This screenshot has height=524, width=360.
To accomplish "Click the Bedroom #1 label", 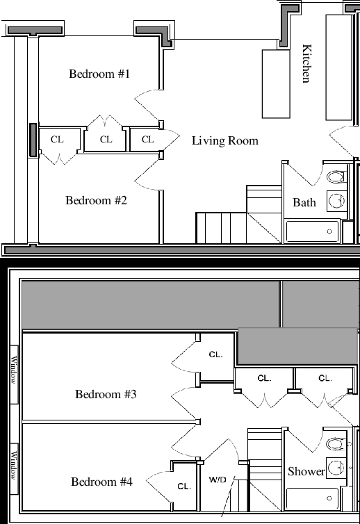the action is [x=99, y=74].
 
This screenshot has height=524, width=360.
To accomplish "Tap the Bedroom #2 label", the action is [x=97, y=201].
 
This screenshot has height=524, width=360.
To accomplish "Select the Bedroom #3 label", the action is [x=106, y=394].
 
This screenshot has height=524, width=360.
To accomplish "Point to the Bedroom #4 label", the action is [x=101, y=482].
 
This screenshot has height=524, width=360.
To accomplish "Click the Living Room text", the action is [x=225, y=140].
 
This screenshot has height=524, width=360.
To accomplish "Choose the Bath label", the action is [x=304, y=202].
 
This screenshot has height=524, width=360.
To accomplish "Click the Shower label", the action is [x=306, y=472].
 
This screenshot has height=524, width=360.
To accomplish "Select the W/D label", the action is [x=218, y=480].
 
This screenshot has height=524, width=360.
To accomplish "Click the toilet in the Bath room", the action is [x=336, y=177].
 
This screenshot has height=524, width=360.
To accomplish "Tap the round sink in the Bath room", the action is [x=336, y=201].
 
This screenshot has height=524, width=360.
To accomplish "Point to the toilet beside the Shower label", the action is [x=336, y=444].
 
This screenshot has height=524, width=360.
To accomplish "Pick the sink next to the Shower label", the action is [x=336, y=468].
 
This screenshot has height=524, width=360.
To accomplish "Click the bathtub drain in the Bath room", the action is [x=329, y=231].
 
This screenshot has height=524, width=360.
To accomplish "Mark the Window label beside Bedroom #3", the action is [x=13, y=370].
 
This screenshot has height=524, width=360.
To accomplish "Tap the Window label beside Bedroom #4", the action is [x=13, y=466].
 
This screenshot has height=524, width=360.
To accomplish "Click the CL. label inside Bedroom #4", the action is [x=184, y=486].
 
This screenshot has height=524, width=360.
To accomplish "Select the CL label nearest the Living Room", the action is [x=148, y=140].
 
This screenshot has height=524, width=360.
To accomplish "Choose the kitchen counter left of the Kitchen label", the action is [x=276, y=84].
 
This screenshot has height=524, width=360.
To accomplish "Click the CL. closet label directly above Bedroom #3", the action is [x=215, y=354].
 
